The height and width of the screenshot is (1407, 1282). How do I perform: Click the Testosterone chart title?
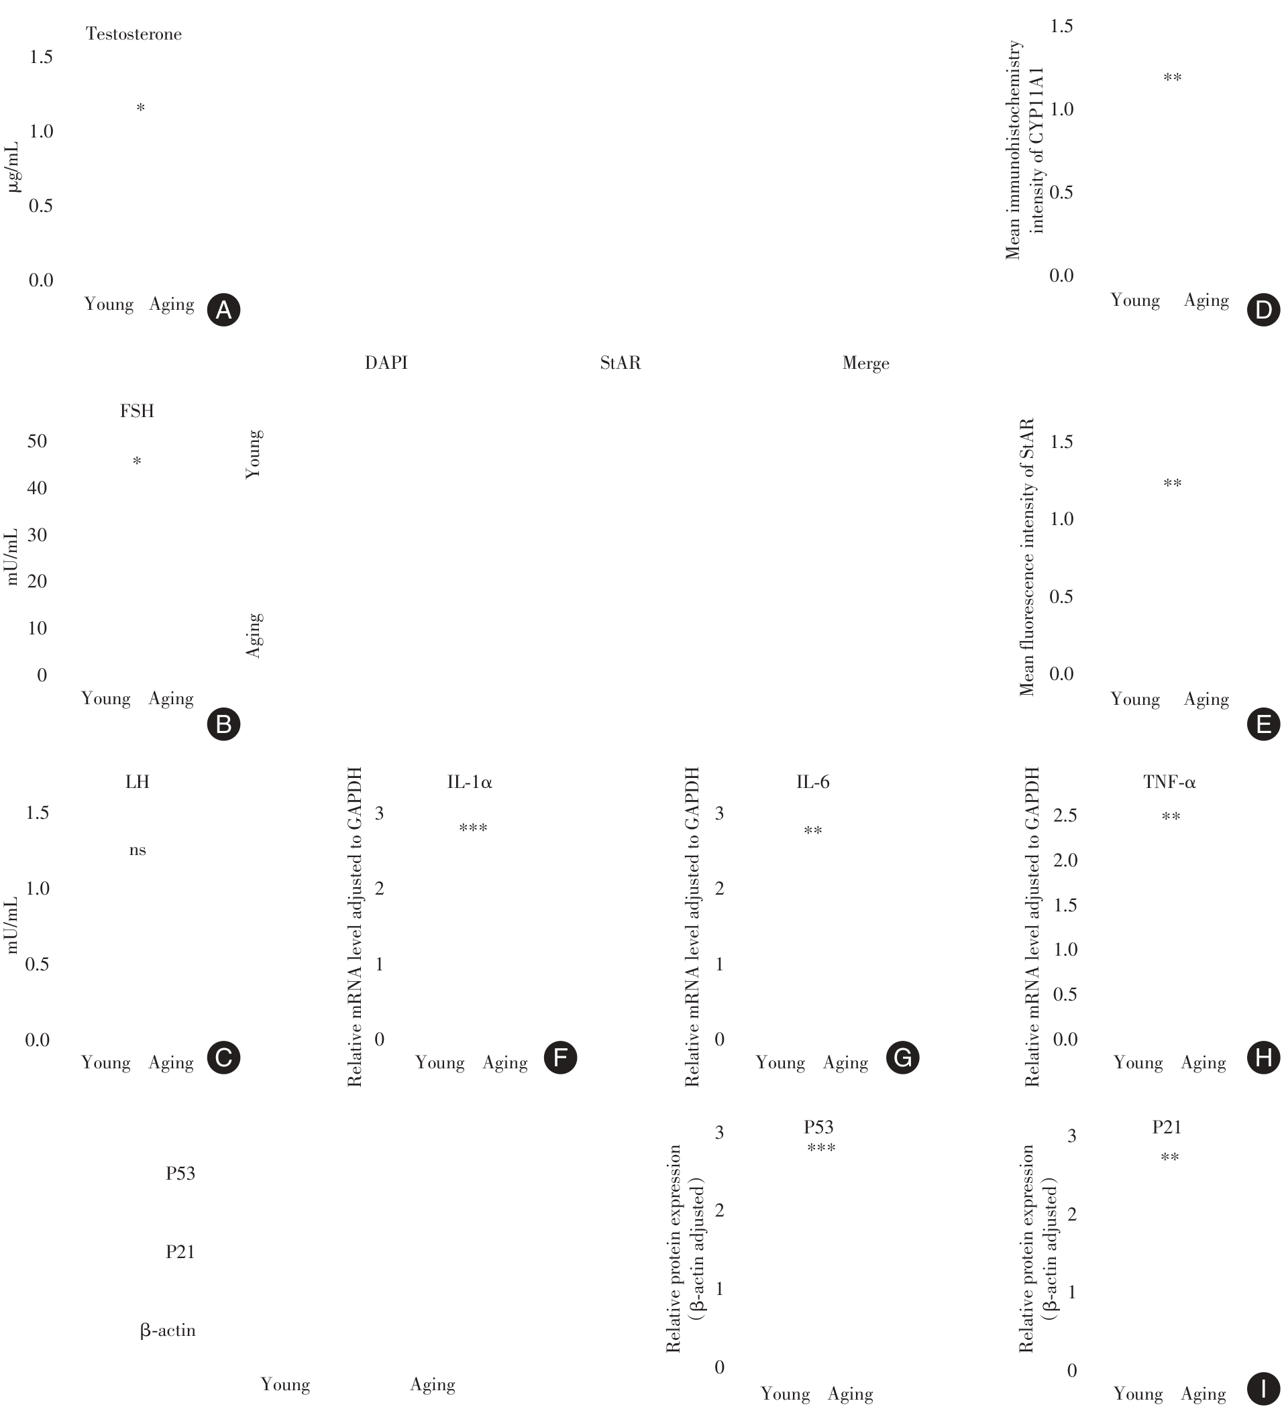[133, 34]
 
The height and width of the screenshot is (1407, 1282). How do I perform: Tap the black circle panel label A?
[223, 309]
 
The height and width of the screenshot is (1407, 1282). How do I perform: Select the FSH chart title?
[137, 411]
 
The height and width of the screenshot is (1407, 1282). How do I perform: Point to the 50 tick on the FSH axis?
[37, 441]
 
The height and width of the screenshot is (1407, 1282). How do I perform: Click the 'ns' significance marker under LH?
[138, 850]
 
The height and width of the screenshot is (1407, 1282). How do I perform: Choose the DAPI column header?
[386, 363]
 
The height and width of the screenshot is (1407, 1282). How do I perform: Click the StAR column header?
[620, 363]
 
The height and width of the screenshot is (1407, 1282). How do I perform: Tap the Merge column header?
[866, 363]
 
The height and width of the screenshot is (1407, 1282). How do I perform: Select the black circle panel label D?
[1263, 310]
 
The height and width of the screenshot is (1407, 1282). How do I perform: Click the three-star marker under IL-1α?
[473, 828]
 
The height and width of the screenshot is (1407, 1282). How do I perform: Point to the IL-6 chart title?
[813, 783]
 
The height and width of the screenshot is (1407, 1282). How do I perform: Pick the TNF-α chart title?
[1169, 783]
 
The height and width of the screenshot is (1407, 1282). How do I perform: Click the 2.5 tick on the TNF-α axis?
[1065, 815]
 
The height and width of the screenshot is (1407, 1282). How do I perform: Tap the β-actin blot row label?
[168, 1331]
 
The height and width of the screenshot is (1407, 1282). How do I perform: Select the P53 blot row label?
[180, 1173]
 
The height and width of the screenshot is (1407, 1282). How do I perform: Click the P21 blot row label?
[180, 1252]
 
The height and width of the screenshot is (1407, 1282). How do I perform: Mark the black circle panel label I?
[1263, 1388]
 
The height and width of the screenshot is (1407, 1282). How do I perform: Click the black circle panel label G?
[902, 1058]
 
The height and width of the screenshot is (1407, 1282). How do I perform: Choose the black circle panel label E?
[1263, 724]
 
